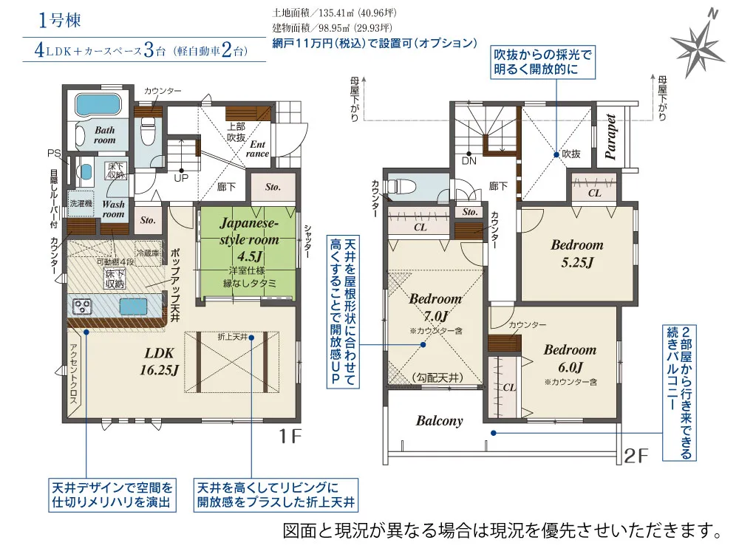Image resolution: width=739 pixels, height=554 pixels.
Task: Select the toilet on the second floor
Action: pos(402,186)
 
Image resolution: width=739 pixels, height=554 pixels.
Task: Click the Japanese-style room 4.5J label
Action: pos(249,239)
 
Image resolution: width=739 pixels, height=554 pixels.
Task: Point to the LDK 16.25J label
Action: pos(160,361)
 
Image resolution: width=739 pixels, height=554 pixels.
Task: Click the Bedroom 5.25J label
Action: pos(577,253)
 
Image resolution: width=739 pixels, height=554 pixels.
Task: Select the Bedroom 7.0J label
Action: pos(435,307)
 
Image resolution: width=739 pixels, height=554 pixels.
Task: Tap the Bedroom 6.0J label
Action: pos(570,358)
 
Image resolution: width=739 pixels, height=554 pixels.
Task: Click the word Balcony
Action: pos(439,421)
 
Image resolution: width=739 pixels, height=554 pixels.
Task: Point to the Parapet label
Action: pos(610,137)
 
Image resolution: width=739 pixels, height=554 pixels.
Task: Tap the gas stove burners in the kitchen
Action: pos(83,307)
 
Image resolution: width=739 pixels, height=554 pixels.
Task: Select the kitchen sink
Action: pos(133,307)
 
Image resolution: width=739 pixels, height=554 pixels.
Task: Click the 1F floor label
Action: pos(290,437)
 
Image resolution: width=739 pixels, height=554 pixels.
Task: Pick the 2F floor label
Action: pos(636,456)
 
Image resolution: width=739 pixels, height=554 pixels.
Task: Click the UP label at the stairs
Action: pos(181,178)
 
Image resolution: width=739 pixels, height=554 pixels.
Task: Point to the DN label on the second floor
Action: pos(469,160)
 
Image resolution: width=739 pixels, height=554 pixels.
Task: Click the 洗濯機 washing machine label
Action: pos(81,203)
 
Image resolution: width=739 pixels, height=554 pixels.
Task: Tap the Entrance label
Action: pos(257,149)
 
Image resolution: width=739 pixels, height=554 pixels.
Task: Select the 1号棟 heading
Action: pos(60,20)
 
